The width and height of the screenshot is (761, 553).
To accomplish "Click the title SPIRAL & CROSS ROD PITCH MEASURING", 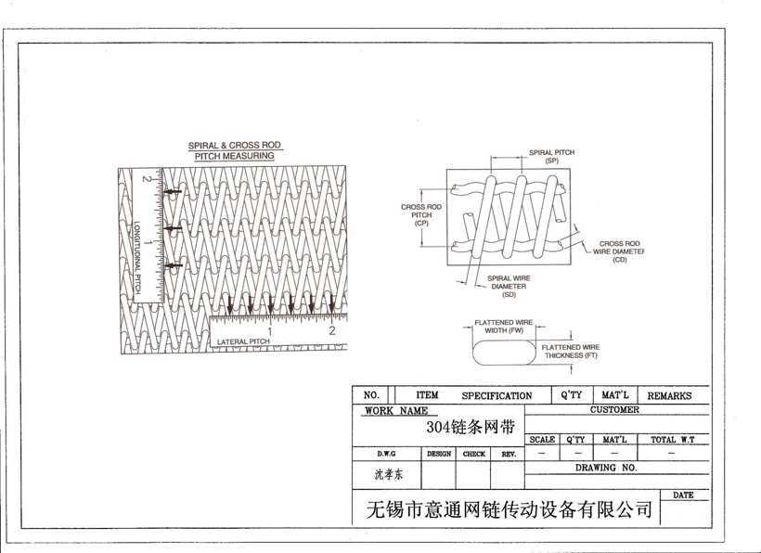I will [x=234, y=151].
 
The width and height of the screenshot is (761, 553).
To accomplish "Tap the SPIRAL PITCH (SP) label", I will [x=551, y=157].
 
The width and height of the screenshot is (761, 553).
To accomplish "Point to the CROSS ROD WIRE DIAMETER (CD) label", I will [x=620, y=251].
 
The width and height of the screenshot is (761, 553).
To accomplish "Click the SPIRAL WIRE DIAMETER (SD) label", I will [x=509, y=287].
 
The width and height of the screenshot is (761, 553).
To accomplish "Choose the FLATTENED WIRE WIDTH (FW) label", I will [x=504, y=326].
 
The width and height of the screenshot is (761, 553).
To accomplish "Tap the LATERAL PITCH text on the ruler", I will [x=243, y=342].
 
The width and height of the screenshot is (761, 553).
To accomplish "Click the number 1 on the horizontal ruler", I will [x=269, y=330].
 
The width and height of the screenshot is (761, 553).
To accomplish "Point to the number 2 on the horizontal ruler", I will [x=331, y=330].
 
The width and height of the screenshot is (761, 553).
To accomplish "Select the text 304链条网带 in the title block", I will [x=470, y=428].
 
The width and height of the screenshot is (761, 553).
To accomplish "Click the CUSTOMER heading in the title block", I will [x=614, y=409].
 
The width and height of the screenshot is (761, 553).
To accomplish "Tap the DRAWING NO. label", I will [x=605, y=469].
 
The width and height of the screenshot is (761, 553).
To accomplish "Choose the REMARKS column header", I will [x=669, y=395].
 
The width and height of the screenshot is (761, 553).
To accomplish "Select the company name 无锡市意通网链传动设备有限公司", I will [x=509, y=509].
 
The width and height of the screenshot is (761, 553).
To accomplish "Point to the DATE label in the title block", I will [x=683, y=495].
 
